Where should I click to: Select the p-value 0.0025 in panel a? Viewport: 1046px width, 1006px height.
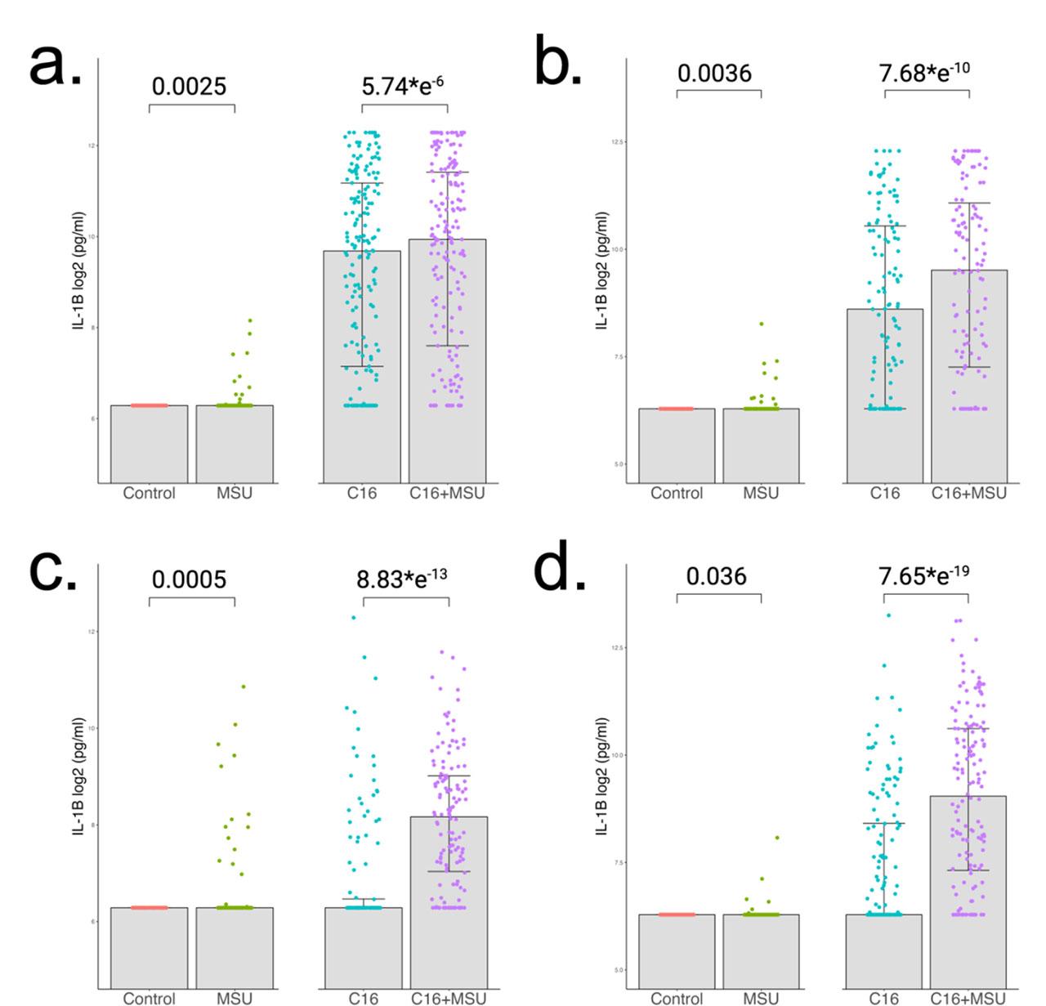[189, 86]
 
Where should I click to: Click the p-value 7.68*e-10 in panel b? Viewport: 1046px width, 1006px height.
[924, 72]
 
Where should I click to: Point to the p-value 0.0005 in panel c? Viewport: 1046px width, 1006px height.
[190, 579]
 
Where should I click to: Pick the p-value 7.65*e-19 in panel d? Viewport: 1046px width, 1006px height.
[924, 575]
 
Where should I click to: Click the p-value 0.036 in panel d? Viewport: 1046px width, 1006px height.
[716, 576]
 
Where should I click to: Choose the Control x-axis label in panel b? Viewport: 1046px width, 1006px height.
[677, 493]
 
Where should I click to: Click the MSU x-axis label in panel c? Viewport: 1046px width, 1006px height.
[235, 998]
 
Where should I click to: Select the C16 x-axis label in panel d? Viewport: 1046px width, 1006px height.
[883, 998]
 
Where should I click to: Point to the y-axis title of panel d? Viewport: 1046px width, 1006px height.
[602, 776]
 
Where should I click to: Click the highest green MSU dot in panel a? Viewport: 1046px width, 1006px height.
[250, 320]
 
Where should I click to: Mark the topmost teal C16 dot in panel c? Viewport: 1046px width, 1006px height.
[354, 618]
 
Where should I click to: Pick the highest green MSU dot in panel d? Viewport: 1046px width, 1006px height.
[776, 838]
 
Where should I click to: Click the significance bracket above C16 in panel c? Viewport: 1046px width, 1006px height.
[405, 599]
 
